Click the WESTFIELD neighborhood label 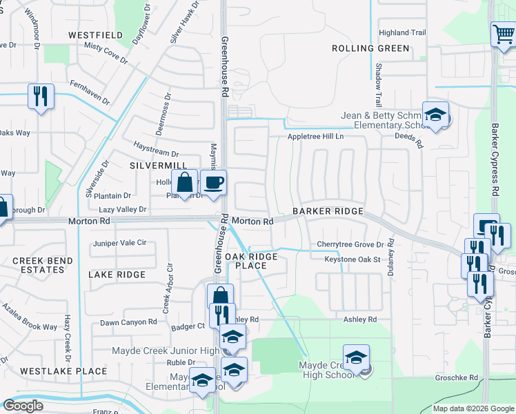click(x=96, y=34)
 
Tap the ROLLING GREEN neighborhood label click(x=370, y=48)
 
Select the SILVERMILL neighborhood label click(x=158, y=166)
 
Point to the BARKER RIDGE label click(x=327, y=211)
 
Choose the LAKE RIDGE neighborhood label click(x=117, y=275)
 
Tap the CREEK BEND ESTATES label click(x=38, y=265)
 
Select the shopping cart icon click(x=504, y=33)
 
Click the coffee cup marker click(x=213, y=183)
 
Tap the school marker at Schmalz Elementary click(x=435, y=115)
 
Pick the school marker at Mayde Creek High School click(x=356, y=358)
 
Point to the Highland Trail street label click(x=403, y=32)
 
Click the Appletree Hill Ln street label click(x=315, y=137)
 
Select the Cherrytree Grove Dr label click(x=350, y=244)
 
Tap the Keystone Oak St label click(x=353, y=259)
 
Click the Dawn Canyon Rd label click(x=128, y=322)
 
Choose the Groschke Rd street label click(x=456, y=378)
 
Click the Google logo click(x=23, y=406)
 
